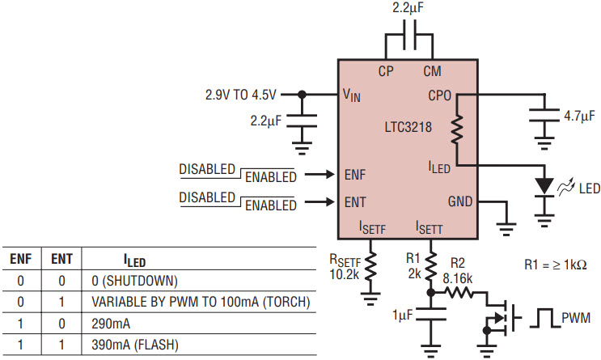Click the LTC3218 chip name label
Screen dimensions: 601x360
coord(408,127)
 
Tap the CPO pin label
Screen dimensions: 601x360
coord(440,95)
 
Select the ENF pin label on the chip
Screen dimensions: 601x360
coord(355,175)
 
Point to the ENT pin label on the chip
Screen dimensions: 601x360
coord(355,202)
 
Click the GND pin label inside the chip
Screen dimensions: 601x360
coord(460,201)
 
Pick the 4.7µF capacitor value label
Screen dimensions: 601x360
coord(579,116)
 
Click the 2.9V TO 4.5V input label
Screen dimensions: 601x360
coord(241,95)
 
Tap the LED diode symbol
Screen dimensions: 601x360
coord(544,187)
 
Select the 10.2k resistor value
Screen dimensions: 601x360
coord(345,274)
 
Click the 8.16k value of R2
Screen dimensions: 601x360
coord(458,278)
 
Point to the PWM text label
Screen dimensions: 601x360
coord(576,318)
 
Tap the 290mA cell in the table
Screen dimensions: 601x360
coord(111,324)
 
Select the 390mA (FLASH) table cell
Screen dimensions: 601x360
coord(135,345)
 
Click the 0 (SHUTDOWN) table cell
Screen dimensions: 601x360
coord(134,281)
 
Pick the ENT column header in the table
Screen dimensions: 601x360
coord(61,259)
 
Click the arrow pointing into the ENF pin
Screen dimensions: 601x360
coord(320,175)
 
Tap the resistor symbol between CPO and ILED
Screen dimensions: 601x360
coord(457,129)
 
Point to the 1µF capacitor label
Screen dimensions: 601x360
coord(403,316)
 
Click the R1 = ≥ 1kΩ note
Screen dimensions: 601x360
coord(556,265)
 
